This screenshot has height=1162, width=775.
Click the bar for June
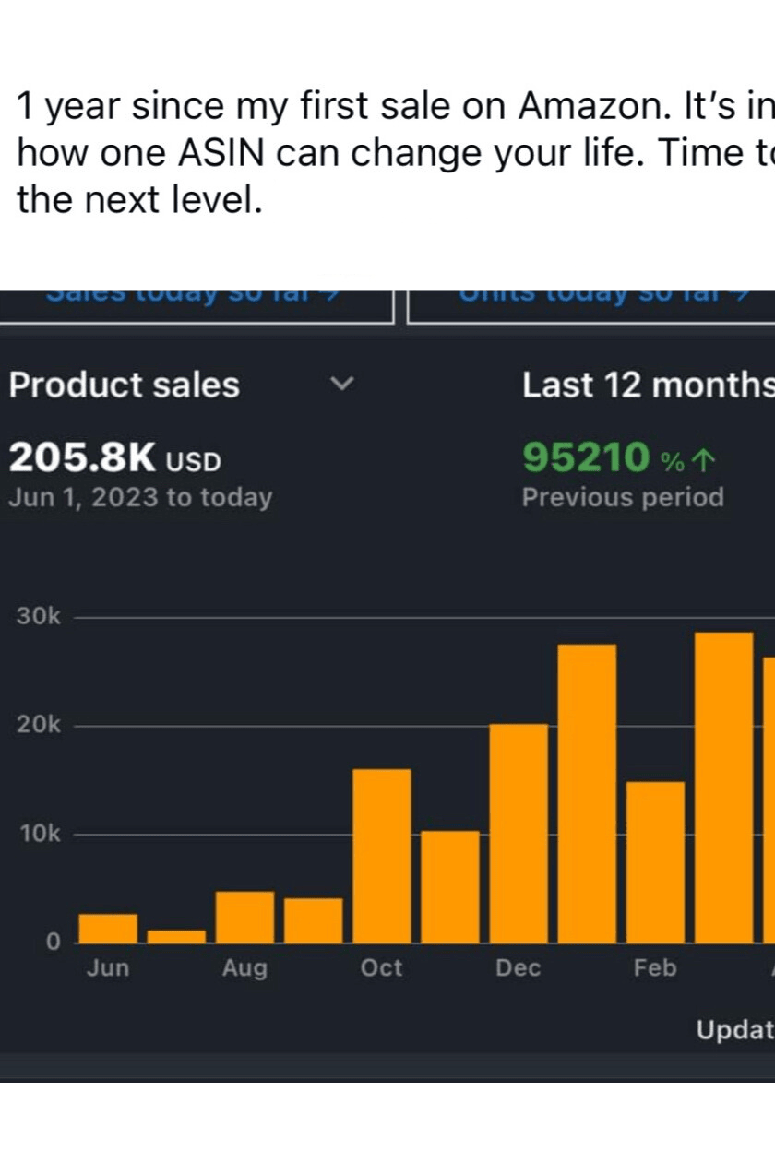click(108, 929)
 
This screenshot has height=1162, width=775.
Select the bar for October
click(382, 856)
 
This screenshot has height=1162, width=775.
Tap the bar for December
click(519, 834)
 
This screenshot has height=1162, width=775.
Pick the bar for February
click(655, 862)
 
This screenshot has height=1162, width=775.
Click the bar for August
click(244, 917)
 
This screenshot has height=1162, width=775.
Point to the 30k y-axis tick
click(38, 617)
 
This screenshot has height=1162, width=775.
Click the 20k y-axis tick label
click(38, 726)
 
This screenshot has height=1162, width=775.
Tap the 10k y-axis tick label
click(38, 835)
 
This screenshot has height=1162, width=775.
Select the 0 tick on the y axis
click(53, 943)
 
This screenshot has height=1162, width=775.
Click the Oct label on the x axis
click(382, 968)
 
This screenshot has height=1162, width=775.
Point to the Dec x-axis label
click(519, 968)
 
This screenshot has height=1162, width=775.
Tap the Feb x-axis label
click(655, 968)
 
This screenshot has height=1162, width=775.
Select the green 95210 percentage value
click(586, 456)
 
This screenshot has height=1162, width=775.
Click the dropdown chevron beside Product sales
click(342, 384)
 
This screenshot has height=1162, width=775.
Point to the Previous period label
click(623, 498)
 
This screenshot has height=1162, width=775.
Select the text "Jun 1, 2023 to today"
click(140, 498)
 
